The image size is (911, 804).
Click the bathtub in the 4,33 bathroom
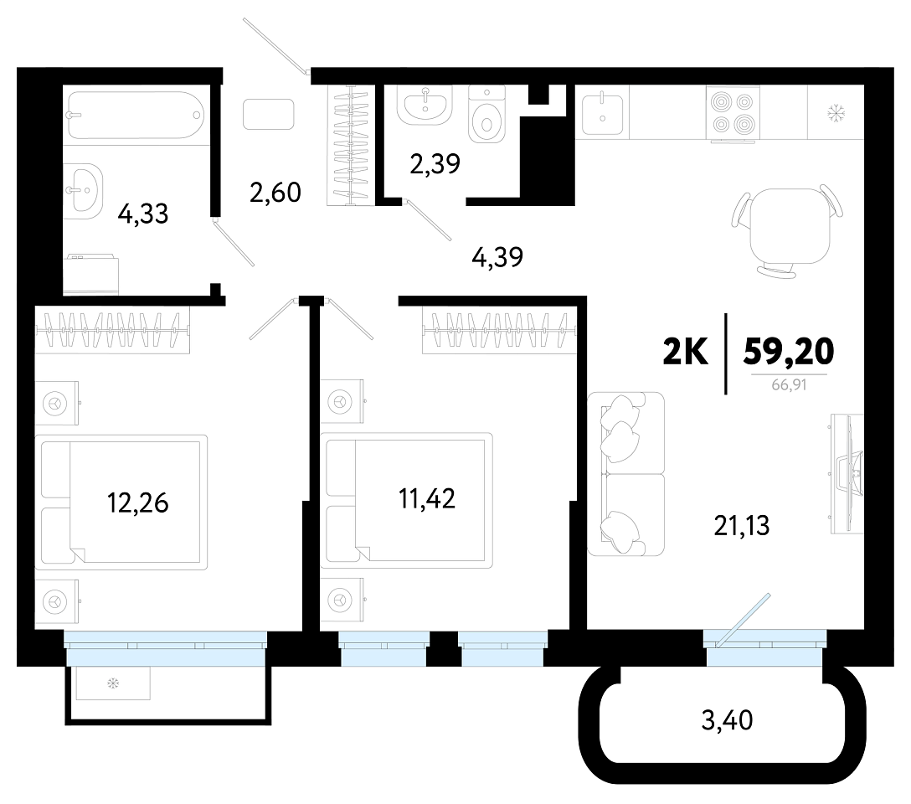(136, 115)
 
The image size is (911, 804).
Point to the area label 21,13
(741, 525)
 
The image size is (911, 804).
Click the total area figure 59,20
(789, 352)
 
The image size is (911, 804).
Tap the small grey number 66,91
(789, 384)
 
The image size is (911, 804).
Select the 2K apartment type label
(686, 352)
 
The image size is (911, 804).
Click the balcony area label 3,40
(727, 720)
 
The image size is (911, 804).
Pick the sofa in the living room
(625, 474)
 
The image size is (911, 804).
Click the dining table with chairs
(789, 229)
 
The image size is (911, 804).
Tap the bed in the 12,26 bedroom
(121, 502)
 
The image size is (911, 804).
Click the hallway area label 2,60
(275, 193)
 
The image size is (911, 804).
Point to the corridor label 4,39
(497, 257)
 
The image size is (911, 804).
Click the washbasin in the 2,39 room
(425, 105)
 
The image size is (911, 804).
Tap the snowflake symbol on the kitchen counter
(836, 113)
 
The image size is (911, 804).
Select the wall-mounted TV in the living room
(847, 473)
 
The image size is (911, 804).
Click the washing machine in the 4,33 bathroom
(91, 274)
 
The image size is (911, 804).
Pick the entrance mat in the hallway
(269, 114)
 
